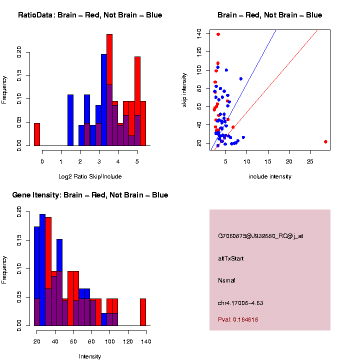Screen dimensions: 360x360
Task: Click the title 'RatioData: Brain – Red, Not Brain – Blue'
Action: [x=90, y=15]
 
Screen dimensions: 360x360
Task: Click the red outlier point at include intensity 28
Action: [x=325, y=141]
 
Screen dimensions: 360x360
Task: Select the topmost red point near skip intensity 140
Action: [x=218, y=34]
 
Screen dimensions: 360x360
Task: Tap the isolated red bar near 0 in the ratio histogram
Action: [x=37, y=134]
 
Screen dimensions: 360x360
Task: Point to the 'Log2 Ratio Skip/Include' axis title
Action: [x=90, y=176]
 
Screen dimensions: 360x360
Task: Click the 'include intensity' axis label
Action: [x=270, y=176]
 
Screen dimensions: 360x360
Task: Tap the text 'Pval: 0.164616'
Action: [x=238, y=319]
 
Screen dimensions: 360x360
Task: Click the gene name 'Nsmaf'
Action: [x=226, y=280]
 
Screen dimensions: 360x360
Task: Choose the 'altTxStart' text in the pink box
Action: [x=231, y=258]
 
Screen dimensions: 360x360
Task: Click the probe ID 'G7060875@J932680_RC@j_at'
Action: [x=260, y=236]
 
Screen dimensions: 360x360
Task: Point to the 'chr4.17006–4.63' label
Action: [x=240, y=303]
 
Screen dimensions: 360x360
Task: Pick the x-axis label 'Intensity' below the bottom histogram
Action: [x=90, y=356]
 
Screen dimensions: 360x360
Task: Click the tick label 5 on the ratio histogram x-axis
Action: [x=137, y=162]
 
